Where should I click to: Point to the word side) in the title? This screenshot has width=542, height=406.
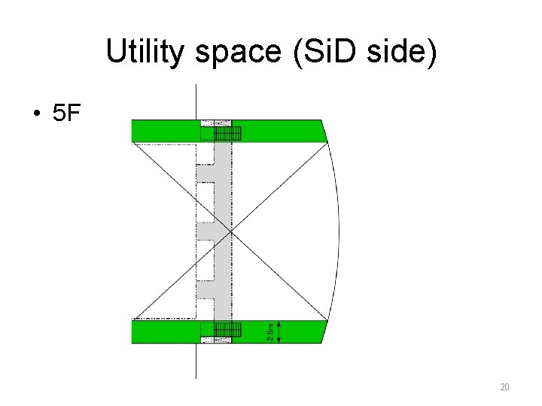click(402, 52)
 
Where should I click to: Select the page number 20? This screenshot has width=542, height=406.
click(504, 387)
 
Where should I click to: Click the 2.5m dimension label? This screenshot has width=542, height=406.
click(270, 332)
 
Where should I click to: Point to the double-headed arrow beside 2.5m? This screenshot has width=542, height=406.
click(280, 332)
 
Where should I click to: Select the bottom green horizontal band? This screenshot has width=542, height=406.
click(166, 332)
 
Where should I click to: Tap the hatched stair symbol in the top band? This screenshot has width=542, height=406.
click(227, 134)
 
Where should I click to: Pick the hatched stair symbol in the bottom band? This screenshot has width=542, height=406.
click(227, 329)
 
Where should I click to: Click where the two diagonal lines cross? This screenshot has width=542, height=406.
click(231, 232)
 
